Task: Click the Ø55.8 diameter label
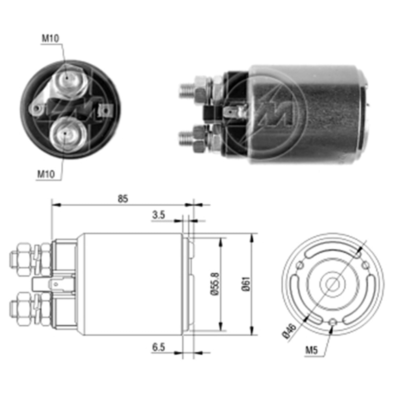213,283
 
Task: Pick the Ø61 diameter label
245,284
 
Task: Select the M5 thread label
311,349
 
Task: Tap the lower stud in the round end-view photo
66,135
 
